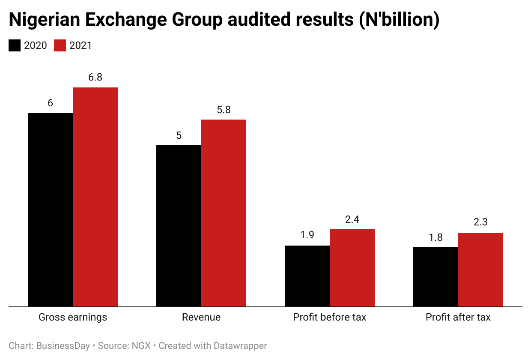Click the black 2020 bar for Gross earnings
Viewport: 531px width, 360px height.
point(50,210)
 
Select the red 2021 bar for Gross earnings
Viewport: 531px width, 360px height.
point(95,197)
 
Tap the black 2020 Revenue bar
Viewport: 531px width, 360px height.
point(179,226)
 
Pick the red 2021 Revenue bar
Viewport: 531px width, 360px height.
point(224,213)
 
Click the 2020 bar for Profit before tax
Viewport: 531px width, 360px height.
point(307,276)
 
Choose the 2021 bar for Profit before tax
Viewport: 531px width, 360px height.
point(352,268)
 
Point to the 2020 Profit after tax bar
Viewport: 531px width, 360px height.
point(436,277)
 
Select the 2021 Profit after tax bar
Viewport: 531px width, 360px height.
point(480,270)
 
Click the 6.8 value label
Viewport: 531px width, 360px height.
point(95,78)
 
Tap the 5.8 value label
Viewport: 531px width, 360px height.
point(224,110)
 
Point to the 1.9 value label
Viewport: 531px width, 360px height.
point(307,236)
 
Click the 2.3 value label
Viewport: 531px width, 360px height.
point(480,222)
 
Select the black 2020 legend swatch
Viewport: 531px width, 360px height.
point(15,45)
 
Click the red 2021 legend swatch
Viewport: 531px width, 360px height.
point(60,45)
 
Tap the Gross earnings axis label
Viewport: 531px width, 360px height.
point(73,318)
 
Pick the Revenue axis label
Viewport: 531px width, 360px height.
point(201,318)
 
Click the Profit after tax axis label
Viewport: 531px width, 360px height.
point(458,318)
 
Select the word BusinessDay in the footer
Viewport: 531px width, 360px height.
point(63,346)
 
